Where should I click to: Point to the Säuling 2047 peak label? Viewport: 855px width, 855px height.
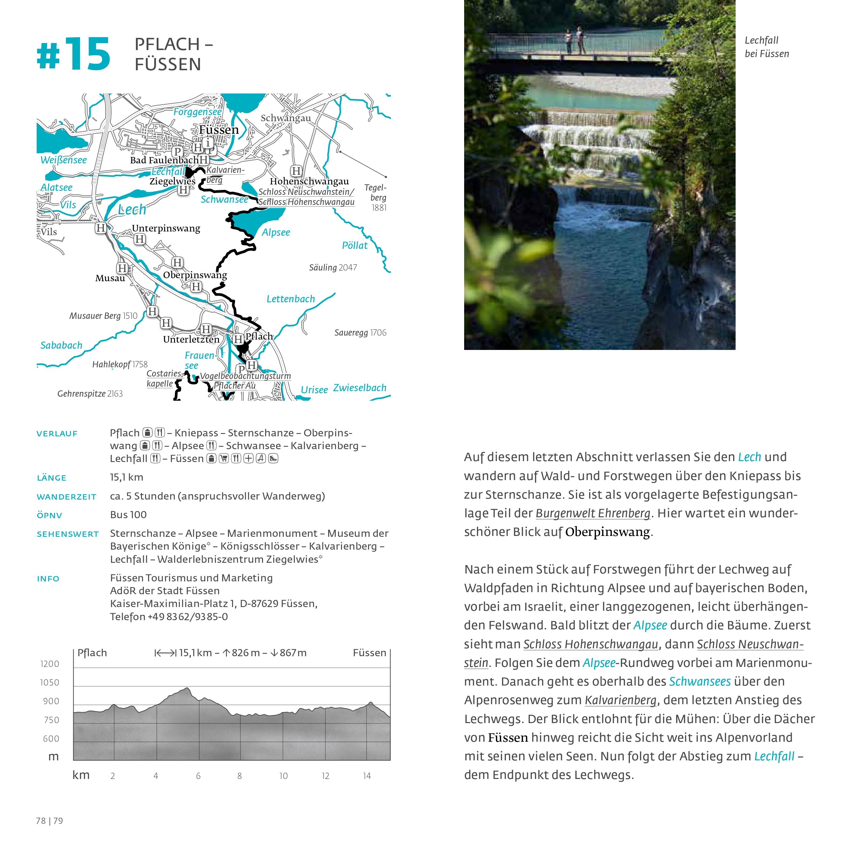point(333,267)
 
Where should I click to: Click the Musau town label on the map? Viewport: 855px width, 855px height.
point(110,278)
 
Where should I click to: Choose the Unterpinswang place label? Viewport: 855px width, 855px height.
point(166,228)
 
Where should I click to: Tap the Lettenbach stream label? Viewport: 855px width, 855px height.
point(290,299)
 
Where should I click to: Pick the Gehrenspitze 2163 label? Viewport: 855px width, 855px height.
point(90,393)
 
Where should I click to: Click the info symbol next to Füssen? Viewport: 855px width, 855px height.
point(208,143)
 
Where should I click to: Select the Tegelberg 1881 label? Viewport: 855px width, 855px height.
point(376,197)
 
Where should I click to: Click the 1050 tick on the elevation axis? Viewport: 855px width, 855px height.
point(49,682)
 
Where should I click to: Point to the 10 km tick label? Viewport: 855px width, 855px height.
point(283,776)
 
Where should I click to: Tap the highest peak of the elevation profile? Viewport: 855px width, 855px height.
point(187,689)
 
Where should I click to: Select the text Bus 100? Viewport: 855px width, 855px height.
point(128,515)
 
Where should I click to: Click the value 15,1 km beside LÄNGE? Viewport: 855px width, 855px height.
point(126,477)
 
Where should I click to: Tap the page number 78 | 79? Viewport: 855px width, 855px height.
point(49,821)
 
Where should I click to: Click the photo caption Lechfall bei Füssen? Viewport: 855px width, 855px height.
point(766,47)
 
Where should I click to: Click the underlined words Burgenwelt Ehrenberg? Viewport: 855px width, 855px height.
point(593,513)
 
